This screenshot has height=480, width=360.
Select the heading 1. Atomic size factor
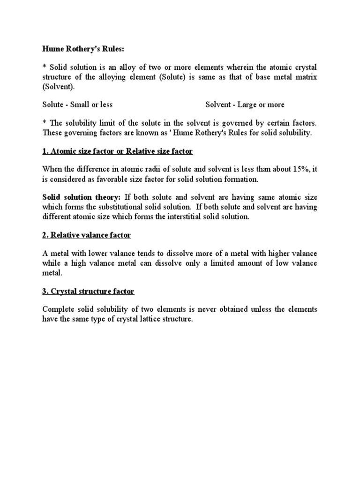pos(117,151)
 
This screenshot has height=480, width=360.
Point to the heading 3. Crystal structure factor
pos(88,292)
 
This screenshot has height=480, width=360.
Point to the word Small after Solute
pos(81,105)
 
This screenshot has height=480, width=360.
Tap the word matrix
pos(306,77)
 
